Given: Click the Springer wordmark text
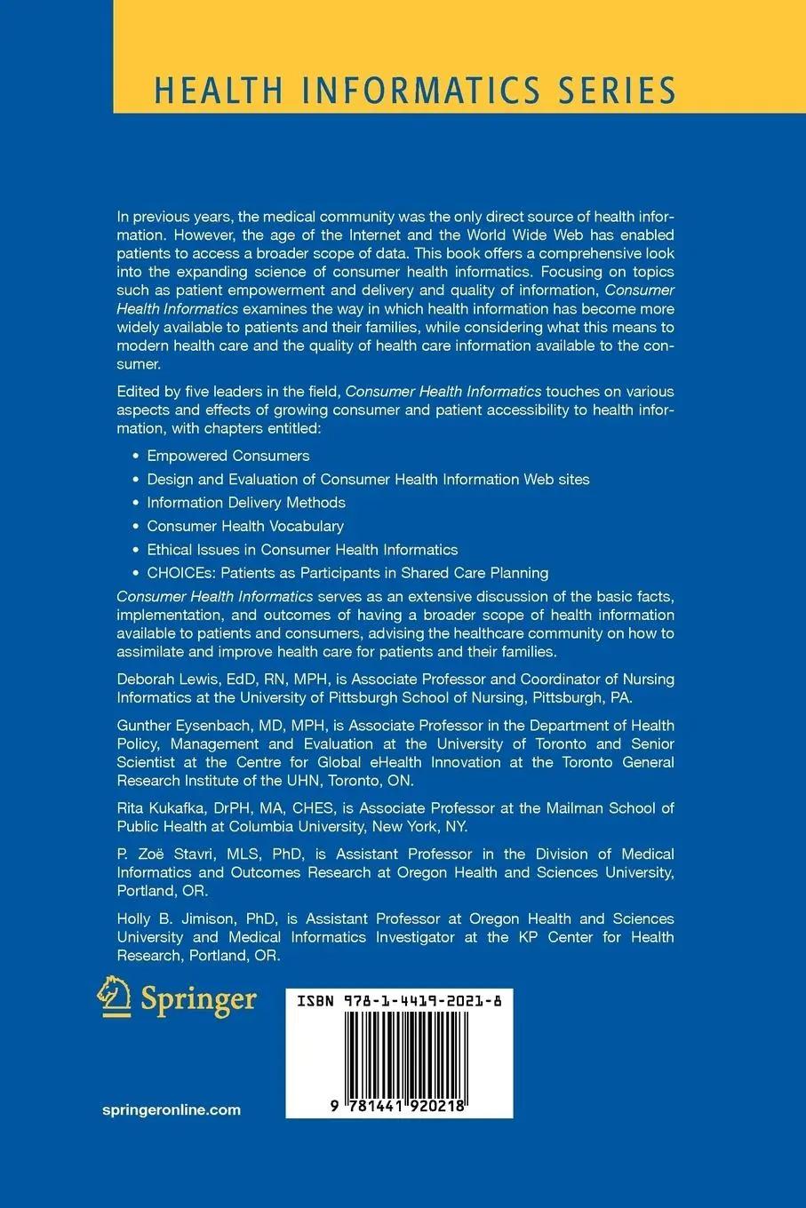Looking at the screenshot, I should click(198, 1000).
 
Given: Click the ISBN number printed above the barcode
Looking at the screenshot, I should click(399, 1000).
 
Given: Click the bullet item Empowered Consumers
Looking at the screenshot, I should click(227, 456).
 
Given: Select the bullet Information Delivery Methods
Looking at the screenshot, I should click(245, 503).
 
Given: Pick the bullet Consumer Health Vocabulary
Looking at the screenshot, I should click(244, 526).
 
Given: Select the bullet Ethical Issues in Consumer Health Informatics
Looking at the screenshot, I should click(302, 550).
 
